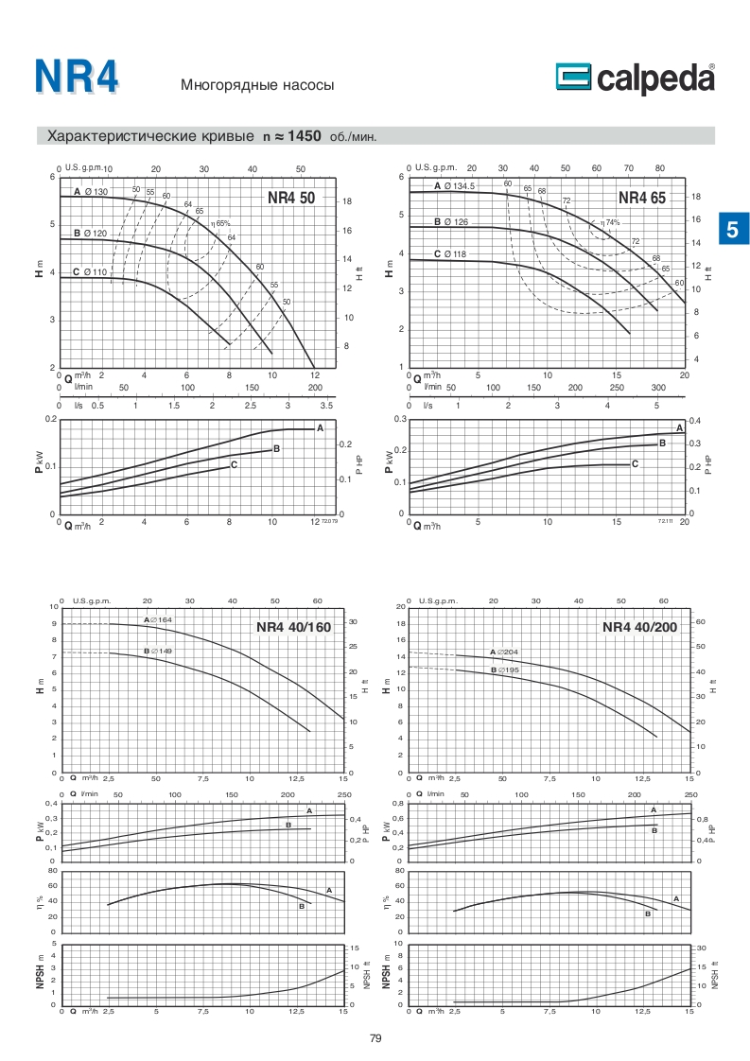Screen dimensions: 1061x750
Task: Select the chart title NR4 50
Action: pos(291,199)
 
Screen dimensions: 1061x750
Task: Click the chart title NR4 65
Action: pos(642,198)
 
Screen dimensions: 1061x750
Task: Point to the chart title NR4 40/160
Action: pos(294,626)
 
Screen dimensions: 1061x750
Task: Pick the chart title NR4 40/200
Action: pos(640,626)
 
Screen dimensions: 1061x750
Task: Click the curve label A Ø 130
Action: pos(92,192)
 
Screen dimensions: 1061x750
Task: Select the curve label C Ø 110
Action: pos(90,272)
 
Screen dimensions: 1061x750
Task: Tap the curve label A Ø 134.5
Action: pos(455,186)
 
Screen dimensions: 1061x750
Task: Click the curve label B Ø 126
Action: pos(451,221)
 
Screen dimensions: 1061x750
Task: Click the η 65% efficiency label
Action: pos(221,224)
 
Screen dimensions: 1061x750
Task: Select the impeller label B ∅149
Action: pos(158,652)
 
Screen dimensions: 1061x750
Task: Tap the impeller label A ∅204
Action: pos(505,652)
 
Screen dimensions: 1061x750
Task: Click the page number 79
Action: pos(375,1038)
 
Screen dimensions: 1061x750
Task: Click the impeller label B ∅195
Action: pos(505,670)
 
